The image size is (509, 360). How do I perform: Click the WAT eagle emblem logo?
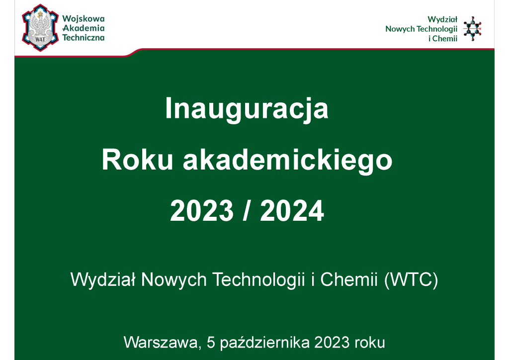coord(40,27)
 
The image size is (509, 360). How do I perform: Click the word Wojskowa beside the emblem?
coord(84,19)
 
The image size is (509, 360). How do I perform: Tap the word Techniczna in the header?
coord(84,38)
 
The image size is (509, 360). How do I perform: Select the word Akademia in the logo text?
coord(84,28)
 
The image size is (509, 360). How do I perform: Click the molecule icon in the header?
coord(472,28)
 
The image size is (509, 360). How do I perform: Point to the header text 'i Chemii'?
coord(443,39)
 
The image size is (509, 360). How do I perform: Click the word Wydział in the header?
coord(442,19)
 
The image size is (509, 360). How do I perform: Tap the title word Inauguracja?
coord(247,109)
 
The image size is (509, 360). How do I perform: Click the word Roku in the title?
coord(137,160)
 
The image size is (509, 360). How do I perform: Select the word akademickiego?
coord(288,161)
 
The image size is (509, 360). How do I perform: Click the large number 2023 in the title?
coord(202,211)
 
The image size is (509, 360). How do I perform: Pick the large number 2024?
coord(292,211)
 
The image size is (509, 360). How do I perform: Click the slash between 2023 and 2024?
coord(247,211)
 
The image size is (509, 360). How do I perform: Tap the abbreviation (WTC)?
coord(411,279)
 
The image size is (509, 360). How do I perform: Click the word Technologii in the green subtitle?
coord(258,279)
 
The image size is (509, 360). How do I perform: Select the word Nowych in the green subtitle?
coord(173,280)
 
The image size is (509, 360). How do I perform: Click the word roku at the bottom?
coord(370,343)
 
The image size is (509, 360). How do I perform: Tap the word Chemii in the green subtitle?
coord(349,279)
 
